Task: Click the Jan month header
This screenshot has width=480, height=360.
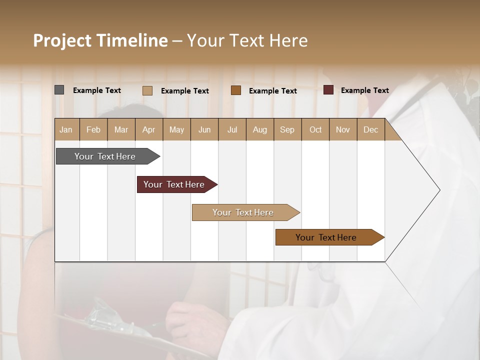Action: pos(66,129)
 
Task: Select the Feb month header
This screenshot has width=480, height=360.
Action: pos(93,129)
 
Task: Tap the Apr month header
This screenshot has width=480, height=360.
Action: pos(149,129)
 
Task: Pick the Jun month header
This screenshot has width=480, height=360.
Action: pos(204,129)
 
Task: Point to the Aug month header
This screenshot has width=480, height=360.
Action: pos(260,129)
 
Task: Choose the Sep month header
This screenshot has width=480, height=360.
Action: pos(287,129)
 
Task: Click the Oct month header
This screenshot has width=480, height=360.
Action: pos(315,129)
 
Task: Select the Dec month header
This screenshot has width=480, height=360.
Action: pos(371,129)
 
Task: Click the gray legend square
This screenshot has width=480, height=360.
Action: pos(59,90)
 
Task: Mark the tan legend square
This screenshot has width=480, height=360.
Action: pos(147,90)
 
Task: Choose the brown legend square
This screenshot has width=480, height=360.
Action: pos(236,90)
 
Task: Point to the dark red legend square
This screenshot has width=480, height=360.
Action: pos(328,90)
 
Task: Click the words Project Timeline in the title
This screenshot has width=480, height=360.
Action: pos(100,40)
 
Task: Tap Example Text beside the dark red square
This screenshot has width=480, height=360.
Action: pos(364,90)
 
